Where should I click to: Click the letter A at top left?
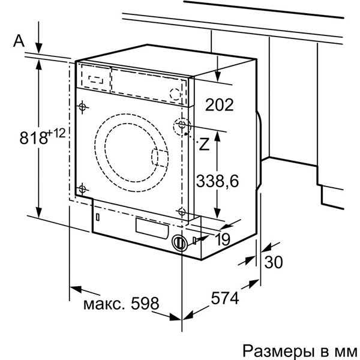(19, 41)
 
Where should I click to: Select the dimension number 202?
(219, 105)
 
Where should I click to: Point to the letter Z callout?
(204, 143)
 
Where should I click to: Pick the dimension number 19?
(222, 239)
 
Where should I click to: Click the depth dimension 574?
(224, 298)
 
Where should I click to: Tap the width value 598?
(143, 303)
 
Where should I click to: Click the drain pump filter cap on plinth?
(178, 243)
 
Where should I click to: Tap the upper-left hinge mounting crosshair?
(82, 107)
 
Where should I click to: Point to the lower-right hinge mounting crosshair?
(182, 210)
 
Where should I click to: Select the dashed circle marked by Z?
(181, 127)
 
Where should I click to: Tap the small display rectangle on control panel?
(96, 78)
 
